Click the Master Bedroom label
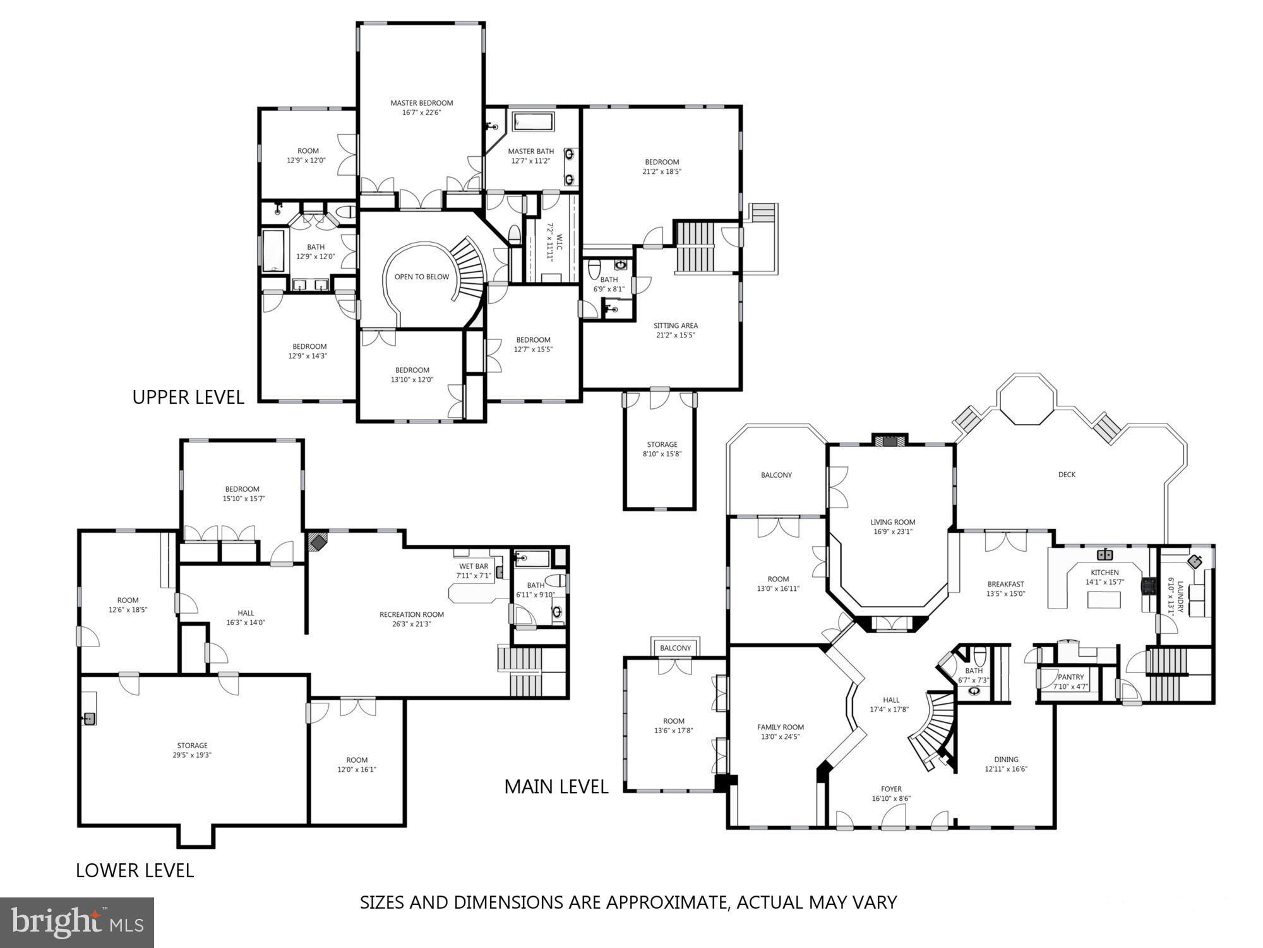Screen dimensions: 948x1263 (421, 103)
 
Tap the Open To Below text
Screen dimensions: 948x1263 (421, 277)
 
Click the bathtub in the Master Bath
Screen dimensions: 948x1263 (532, 122)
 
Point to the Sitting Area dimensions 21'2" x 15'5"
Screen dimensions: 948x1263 (675, 336)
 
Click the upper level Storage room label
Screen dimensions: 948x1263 (662, 444)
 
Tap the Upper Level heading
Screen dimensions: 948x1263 (188, 398)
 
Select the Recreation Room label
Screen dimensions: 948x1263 (411, 614)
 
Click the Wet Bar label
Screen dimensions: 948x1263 (473, 566)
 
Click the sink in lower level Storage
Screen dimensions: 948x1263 (90, 719)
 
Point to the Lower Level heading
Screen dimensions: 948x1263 (135, 870)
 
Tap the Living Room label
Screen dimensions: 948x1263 (892, 522)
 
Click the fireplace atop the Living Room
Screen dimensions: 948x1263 (889, 441)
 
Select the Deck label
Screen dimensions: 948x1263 (1066, 475)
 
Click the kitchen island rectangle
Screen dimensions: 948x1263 (1103, 599)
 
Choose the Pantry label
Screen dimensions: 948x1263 (1070, 677)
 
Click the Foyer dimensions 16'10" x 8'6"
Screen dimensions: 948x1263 (891, 799)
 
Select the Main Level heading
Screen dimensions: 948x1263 (556, 787)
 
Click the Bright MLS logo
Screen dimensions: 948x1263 (77, 923)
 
